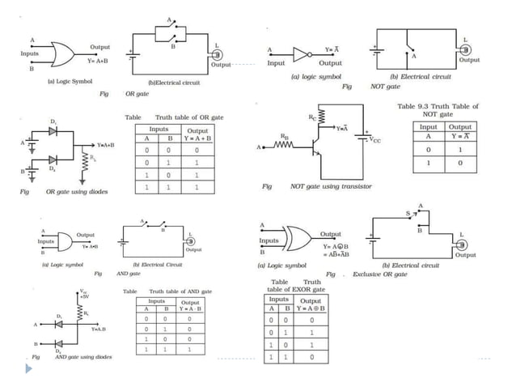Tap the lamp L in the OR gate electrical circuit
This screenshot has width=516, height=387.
(216, 53)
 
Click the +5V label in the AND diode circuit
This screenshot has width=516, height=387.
(85, 296)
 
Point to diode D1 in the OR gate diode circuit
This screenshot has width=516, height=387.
(53, 131)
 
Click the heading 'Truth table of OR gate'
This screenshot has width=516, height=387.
(188, 117)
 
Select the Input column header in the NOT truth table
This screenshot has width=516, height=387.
(429, 127)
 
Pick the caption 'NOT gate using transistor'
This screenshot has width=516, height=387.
(331, 186)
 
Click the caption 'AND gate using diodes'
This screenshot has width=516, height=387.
(83, 356)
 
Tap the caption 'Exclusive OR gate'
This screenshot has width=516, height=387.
(379, 274)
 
